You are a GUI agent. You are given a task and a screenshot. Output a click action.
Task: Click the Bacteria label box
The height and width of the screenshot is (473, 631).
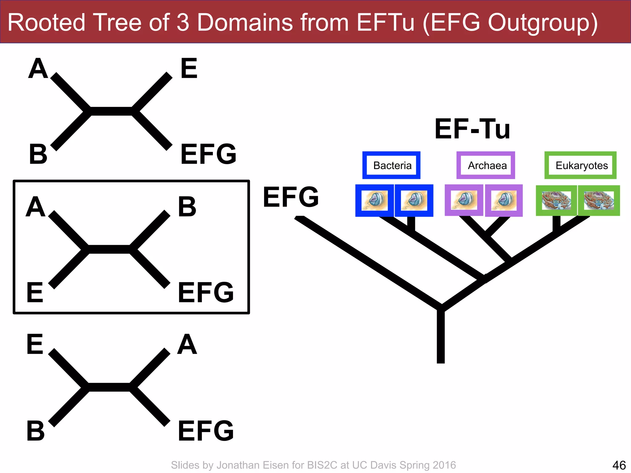(391, 165)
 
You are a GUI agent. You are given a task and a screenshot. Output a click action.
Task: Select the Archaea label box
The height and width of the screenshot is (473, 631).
(486, 165)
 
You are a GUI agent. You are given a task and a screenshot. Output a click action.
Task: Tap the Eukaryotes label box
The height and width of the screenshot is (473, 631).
(580, 165)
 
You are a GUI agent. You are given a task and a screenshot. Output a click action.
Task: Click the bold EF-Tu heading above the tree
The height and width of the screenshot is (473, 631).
(472, 129)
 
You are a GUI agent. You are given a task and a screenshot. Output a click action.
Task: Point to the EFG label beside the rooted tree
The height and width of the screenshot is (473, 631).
(291, 197)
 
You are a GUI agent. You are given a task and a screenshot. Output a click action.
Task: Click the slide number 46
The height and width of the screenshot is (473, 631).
(619, 465)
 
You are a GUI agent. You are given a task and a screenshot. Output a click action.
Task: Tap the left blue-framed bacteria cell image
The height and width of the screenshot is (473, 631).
(374, 201)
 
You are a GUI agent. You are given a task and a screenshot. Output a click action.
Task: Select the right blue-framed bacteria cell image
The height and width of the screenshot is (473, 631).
(414, 201)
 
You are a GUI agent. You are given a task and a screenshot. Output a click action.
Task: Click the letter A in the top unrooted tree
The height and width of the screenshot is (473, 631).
(38, 68)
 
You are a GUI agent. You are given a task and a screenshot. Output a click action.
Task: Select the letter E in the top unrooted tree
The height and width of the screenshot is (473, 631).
(189, 68)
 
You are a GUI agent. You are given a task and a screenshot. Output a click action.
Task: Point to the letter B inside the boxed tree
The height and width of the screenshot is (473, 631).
(187, 207)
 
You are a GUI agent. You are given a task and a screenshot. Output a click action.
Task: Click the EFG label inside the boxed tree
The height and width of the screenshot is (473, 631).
(206, 292)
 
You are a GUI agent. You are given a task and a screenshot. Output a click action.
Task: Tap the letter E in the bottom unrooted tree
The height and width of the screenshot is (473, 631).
(35, 344)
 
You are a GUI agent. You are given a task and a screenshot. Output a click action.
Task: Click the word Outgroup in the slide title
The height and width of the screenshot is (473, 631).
(542, 23)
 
